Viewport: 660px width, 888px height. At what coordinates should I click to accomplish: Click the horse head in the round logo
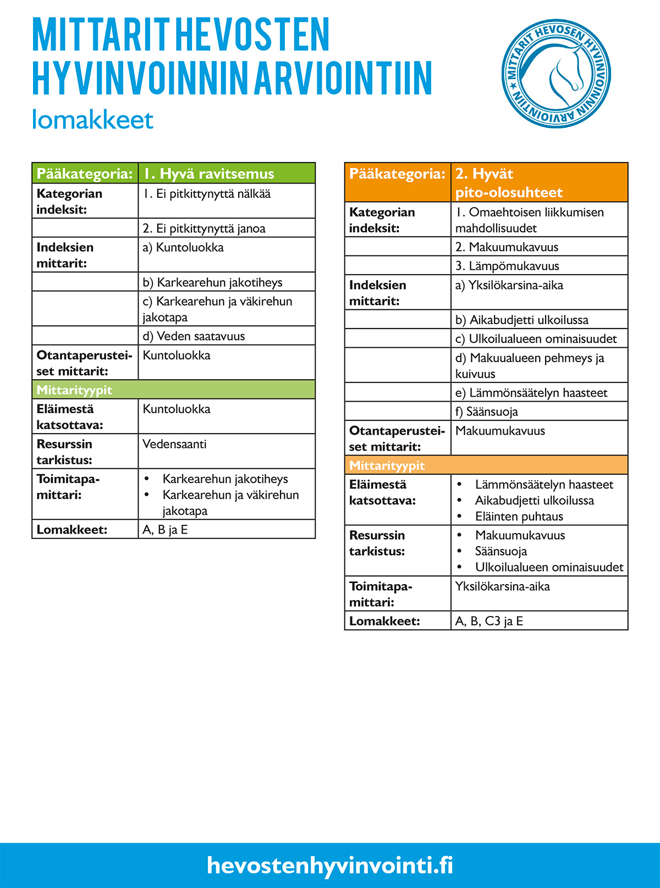[564, 74]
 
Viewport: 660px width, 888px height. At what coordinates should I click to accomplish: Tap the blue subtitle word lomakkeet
[92, 120]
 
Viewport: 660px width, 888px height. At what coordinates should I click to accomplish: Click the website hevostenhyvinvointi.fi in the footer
[330, 865]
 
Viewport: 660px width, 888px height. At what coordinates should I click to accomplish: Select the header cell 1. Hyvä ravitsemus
[226, 174]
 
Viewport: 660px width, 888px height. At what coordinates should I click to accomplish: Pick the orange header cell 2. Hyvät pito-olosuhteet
[539, 182]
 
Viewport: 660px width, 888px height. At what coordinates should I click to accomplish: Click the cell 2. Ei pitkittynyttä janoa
[226, 228]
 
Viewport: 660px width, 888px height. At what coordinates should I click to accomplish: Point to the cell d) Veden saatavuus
[226, 336]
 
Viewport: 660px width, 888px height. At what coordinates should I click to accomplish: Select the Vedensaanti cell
[226, 451]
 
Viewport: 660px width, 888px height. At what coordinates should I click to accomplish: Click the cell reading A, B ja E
[226, 530]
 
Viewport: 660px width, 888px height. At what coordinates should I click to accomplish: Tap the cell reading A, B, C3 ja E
[539, 621]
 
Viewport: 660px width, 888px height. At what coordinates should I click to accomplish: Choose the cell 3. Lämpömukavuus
[539, 265]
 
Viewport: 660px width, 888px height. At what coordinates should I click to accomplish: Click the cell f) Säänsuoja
[539, 411]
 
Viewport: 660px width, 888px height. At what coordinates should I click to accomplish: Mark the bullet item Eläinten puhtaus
[519, 517]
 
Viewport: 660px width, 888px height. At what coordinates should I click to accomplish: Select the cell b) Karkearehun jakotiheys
[226, 282]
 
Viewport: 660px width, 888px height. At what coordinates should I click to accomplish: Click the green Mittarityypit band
[173, 390]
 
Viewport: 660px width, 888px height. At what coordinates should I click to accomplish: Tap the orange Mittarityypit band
[486, 465]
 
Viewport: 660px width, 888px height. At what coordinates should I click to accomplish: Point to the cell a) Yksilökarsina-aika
[539, 292]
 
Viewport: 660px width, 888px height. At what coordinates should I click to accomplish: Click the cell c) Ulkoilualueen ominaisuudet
[539, 338]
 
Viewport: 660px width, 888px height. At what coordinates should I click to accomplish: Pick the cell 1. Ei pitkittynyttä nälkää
[226, 201]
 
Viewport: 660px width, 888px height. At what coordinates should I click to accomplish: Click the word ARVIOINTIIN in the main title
[343, 78]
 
